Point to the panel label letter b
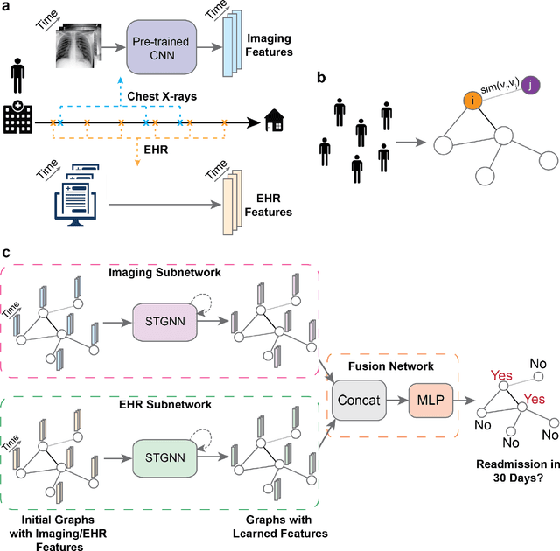321,78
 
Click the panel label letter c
7,254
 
